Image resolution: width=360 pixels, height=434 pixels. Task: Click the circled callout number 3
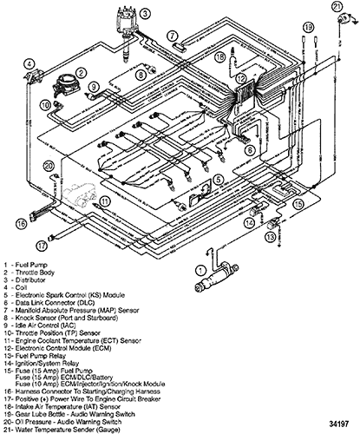[x=145, y=13]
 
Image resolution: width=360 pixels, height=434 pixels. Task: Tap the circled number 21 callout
[x=337, y=7]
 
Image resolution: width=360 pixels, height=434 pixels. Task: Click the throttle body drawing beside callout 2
[x=64, y=85]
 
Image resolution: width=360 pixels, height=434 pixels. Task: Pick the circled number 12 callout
[x=240, y=78]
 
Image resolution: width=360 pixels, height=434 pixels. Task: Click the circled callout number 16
[x=21, y=224]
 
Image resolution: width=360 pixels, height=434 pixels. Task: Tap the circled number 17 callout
[x=42, y=246]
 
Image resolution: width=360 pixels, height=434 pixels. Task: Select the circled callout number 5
[x=218, y=180]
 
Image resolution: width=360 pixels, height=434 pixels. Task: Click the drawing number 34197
[x=338, y=424]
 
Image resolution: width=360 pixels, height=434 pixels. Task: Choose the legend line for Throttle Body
[x=29, y=273]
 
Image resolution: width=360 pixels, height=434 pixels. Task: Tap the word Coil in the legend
[x=21, y=287]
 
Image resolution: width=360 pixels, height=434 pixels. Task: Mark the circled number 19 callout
[x=308, y=28]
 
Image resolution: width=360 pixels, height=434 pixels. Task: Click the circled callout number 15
[x=298, y=204]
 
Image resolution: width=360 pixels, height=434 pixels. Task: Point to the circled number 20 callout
[x=49, y=166]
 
